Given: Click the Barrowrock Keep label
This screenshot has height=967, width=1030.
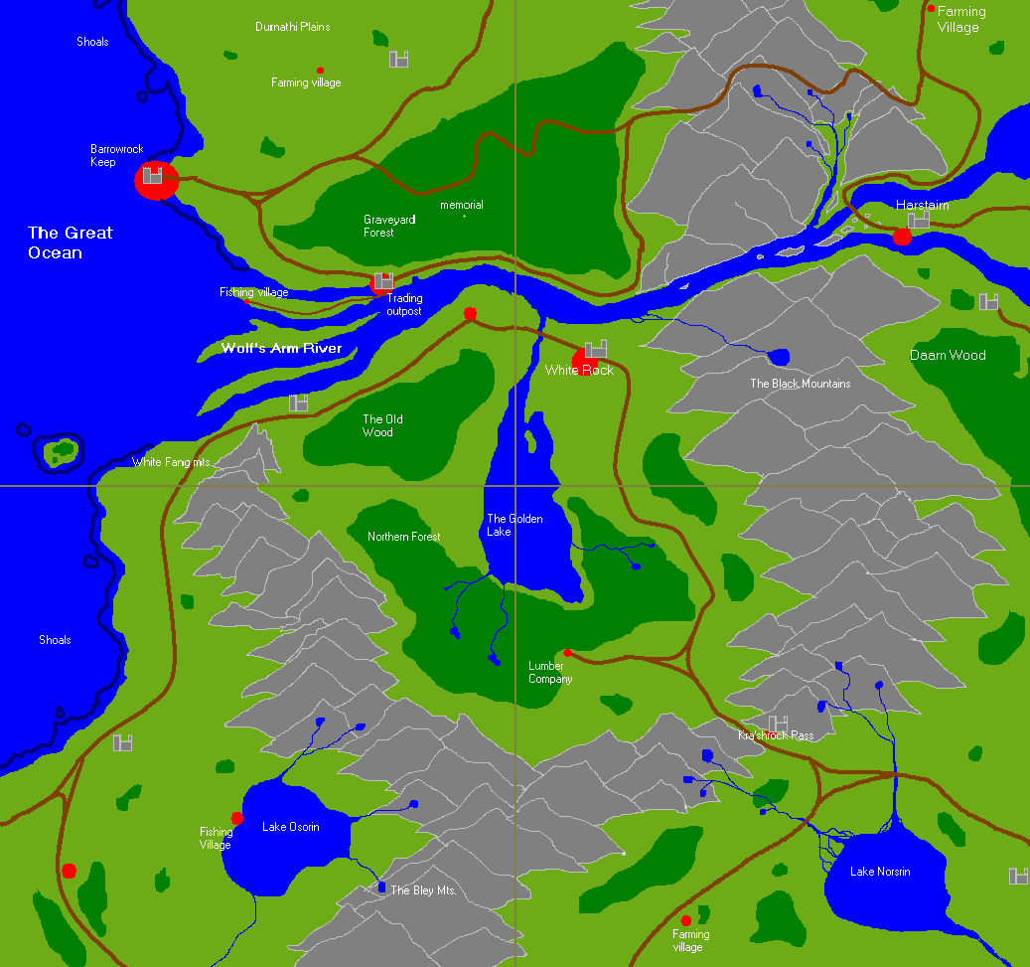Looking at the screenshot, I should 116,156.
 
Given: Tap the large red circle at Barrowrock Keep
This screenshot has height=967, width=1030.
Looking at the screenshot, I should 156,181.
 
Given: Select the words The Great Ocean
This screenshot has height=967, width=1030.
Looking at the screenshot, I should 70,242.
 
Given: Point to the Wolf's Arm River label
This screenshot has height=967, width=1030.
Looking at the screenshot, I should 281,349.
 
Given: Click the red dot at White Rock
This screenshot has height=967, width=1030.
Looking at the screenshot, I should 584,360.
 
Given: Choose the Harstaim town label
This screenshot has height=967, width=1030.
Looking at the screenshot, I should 922,205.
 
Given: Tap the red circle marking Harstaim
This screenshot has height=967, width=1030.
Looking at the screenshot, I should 902,237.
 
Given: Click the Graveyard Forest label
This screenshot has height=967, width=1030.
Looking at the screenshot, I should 389,226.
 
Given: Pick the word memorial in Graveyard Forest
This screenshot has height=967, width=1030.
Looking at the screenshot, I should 461,205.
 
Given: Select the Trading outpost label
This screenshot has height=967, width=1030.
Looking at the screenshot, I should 404,305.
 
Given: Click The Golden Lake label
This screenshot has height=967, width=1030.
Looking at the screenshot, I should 514,525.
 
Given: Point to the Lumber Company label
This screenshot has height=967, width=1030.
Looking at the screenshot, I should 550,673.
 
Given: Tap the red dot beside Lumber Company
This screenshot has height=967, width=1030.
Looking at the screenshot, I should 567,653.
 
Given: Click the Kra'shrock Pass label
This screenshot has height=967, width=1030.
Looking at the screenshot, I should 775,735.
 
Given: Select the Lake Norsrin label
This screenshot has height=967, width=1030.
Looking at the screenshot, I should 880,872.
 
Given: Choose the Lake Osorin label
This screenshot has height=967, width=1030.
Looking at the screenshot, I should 290,827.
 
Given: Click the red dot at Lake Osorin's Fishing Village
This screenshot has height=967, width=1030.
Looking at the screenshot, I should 237,818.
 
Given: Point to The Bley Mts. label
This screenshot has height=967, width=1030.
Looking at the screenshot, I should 423,890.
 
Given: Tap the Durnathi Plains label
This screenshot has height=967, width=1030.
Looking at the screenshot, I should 292,27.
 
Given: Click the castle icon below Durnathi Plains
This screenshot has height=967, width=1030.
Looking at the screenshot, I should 399,60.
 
